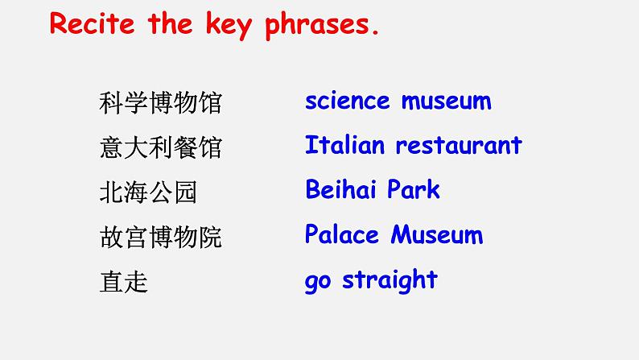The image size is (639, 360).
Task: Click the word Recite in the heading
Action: click(92, 23)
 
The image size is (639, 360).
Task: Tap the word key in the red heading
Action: click(229, 26)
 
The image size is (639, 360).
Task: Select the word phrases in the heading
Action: click(317, 26)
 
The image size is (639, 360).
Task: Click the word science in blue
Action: click(347, 101)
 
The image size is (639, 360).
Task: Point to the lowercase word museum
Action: click(446, 101)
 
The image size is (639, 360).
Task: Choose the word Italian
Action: click(344, 145)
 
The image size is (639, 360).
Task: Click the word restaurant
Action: click(459, 146)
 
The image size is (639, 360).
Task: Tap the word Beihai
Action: click(340, 189)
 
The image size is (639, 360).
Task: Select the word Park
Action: click(413, 189)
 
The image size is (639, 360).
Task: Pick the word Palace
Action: click(342, 234)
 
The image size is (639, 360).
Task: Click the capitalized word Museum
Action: click(437, 234)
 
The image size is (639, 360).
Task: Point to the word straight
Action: click(390, 280)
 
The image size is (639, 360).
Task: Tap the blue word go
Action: click(317, 282)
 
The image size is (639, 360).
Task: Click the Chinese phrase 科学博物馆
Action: click(161, 103)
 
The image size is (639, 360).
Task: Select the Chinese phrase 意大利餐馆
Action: click(161, 147)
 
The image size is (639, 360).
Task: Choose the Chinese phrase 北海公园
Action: click(148, 192)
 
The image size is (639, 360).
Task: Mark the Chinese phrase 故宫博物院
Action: click(161, 237)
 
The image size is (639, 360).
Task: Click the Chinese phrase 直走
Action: click(123, 282)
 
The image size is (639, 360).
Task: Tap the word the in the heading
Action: click(170, 23)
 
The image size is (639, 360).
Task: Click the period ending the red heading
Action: click(375, 32)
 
